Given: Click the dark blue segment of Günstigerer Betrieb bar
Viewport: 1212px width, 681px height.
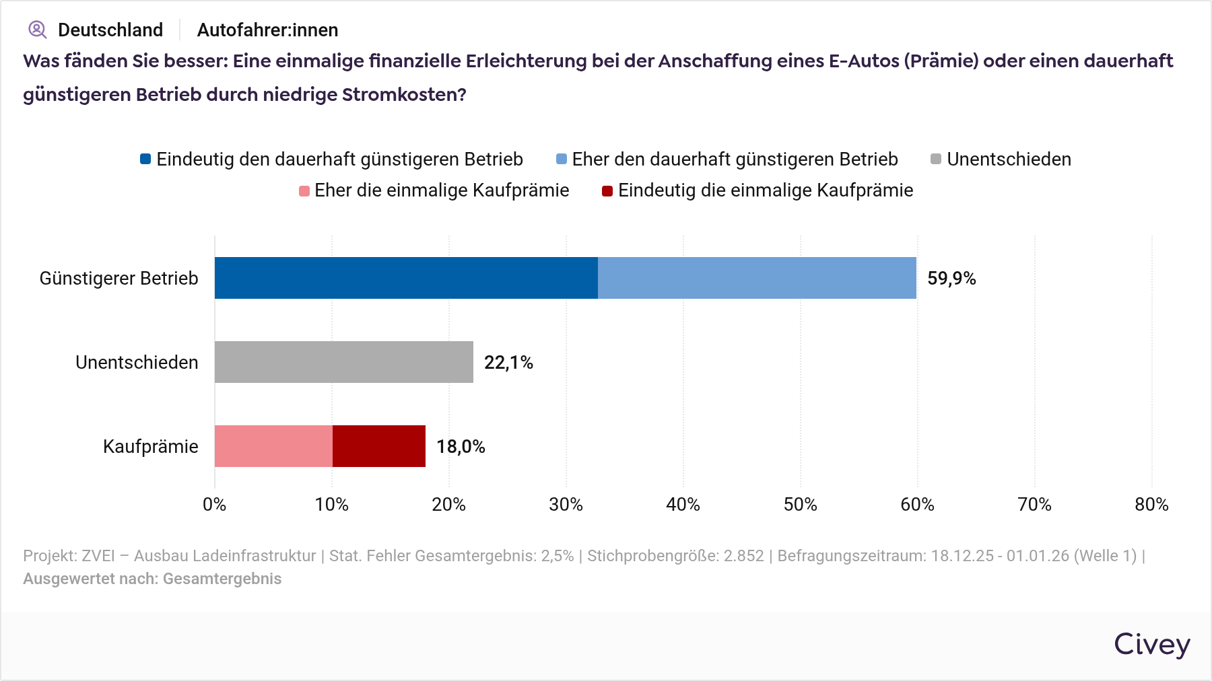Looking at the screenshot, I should (x=406, y=278).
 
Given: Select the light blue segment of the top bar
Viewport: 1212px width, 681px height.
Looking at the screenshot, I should (x=757, y=278).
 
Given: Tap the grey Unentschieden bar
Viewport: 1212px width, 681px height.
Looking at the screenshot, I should (x=343, y=362).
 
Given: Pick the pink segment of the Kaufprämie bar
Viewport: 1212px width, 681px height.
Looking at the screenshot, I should (x=273, y=446).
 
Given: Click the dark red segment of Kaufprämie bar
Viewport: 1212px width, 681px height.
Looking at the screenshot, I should (x=379, y=446).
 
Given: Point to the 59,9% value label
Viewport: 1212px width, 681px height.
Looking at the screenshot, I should (x=951, y=279).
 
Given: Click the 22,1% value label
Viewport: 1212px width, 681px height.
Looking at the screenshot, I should (x=508, y=363).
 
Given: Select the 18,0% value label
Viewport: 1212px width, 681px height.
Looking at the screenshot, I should (x=461, y=447).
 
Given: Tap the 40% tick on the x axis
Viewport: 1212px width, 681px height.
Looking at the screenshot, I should (x=683, y=505).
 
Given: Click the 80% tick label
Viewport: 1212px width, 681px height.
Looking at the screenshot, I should (x=1151, y=505).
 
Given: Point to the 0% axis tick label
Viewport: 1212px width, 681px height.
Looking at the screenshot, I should (x=214, y=505).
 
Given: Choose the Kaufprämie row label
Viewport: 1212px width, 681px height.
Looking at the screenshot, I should (x=150, y=447).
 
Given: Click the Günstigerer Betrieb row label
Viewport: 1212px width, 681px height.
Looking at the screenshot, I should (x=119, y=279).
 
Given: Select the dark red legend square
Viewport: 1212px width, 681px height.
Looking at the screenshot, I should (x=607, y=191).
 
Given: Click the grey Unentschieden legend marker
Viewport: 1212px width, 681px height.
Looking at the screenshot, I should (x=936, y=159).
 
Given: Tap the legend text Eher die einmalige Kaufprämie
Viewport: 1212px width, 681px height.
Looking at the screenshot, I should (x=442, y=190).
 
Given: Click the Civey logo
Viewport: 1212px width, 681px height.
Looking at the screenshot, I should (x=1151, y=644).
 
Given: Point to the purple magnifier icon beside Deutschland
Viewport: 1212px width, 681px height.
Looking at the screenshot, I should (x=37, y=30).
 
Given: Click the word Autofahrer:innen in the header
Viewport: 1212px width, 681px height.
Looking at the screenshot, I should (x=267, y=30).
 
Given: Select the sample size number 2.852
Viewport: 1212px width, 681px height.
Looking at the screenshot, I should (x=743, y=556).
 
